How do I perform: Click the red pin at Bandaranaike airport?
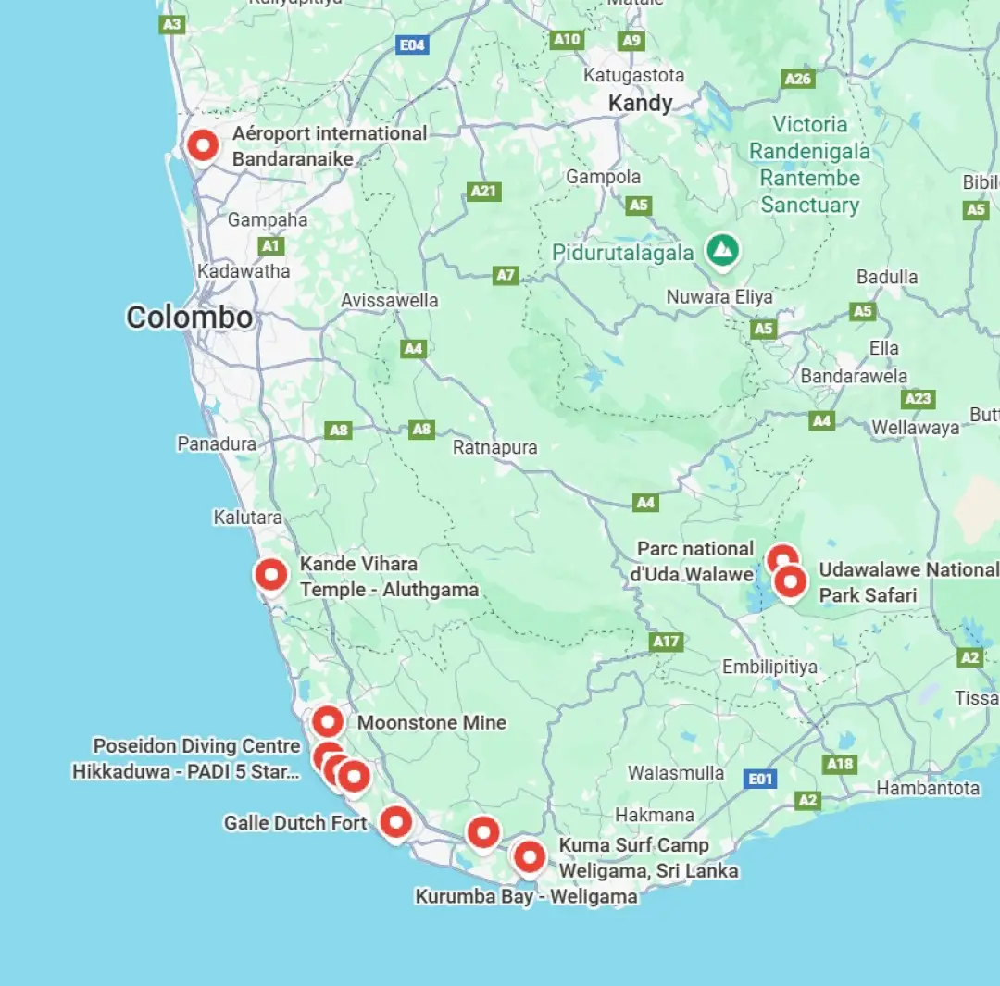[x=202, y=145]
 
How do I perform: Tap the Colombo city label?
[x=189, y=318]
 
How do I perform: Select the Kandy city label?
[x=640, y=104]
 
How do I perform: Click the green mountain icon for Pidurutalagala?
[x=722, y=250]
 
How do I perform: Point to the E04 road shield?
[x=411, y=44]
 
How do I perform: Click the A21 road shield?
[x=483, y=191]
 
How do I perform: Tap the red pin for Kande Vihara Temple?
[x=271, y=574]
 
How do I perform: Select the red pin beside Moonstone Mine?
[x=328, y=721]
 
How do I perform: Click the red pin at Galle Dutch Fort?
[x=396, y=821]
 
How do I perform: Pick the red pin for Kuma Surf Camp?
[x=530, y=856]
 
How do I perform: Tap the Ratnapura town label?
[x=494, y=447]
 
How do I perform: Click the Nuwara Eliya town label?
[x=719, y=297]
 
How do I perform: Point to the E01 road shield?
[x=760, y=779]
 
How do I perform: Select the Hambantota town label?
[x=928, y=789]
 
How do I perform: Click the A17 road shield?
[x=667, y=642]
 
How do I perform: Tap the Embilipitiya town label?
[x=769, y=667]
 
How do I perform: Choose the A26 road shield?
[x=798, y=79]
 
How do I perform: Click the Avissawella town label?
[x=389, y=301]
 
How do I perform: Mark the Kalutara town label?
[x=247, y=518]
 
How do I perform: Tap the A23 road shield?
[x=918, y=398]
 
